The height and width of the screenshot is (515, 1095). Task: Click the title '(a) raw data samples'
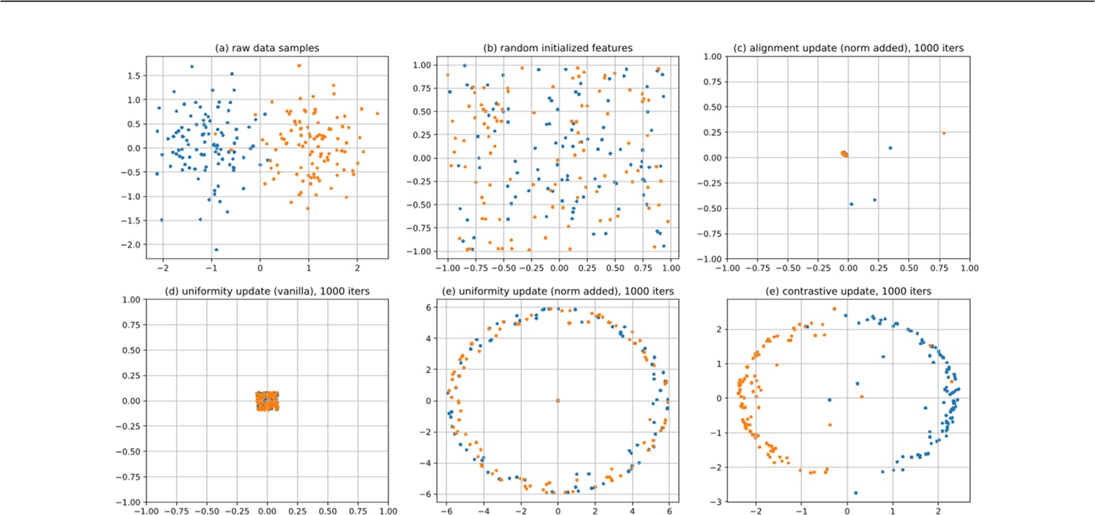[x=267, y=48]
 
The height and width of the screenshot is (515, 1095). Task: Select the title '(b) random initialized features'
[x=558, y=48]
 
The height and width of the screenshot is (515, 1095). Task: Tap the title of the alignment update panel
[x=848, y=48]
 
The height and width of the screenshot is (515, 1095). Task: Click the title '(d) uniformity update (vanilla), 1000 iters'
[x=267, y=291]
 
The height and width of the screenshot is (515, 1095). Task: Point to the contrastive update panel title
[x=848, y=291]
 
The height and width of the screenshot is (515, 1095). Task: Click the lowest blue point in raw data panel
[x=216, y=249]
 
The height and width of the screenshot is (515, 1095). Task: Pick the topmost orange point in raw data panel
[x=299, y=65]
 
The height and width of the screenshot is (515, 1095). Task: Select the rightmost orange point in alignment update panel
[x=944, y=133]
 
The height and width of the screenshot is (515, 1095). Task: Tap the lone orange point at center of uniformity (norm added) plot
[x=557, y=400]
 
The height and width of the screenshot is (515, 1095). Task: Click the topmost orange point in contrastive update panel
[x=834, y=309]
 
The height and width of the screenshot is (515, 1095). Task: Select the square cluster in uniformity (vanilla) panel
[x=267, y=400]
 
